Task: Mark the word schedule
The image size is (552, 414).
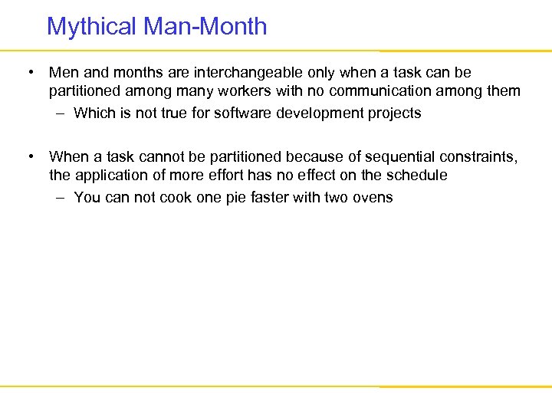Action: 419,176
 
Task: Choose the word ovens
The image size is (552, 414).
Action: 373,198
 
